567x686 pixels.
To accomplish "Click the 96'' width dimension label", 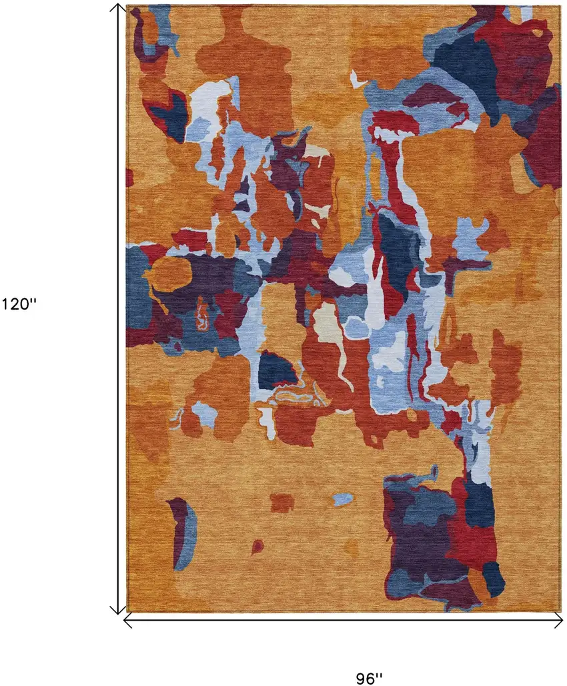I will [x=369, y=677].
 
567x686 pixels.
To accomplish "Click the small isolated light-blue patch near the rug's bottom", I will [x=342, y=499].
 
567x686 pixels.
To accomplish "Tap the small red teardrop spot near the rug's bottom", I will [x=257, y=547].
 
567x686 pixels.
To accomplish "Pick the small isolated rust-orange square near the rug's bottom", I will [x=282, y=502].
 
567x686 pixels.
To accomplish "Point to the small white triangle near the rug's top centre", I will [x=358, y=81].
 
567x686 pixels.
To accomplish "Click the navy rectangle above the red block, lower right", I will [x=480, y=504].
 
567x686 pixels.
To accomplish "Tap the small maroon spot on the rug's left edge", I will [x=129, y=178].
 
